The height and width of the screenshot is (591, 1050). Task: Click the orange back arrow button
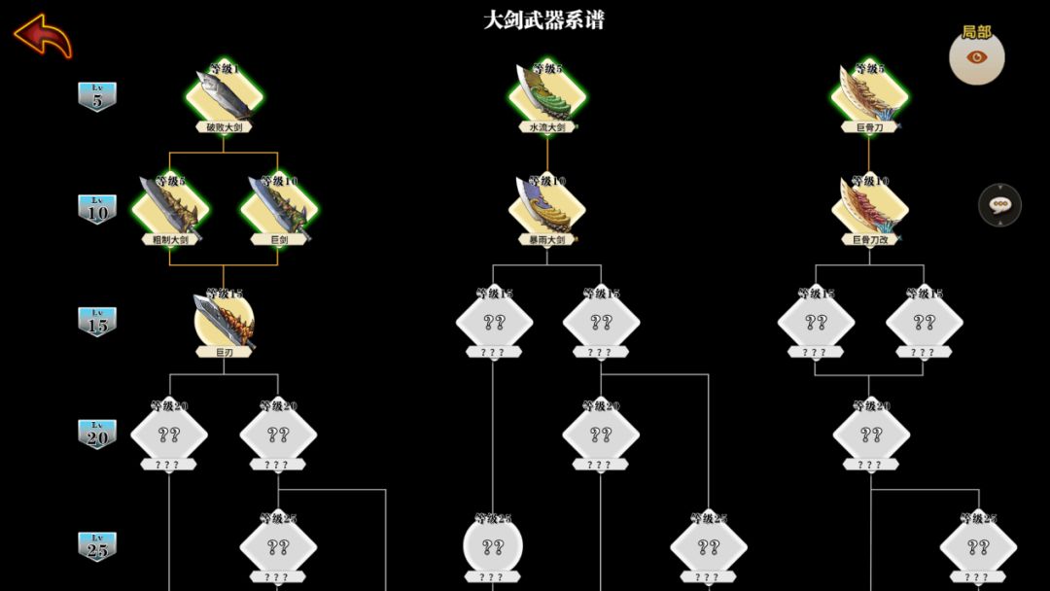click(x=43, y=35)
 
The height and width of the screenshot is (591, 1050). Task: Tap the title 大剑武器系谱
click(x=543, y=20)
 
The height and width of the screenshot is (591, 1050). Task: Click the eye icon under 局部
click(x=976, y=57)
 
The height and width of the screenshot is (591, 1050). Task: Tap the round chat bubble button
click(x=998, y=204)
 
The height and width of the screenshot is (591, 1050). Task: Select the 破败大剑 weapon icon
click(x=225, y=93)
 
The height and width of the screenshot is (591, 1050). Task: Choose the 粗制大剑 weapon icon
click(x=170, y=206)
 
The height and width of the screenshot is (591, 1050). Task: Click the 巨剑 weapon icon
click(x=279, y=206)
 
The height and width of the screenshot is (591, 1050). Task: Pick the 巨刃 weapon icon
click(x=225, y=318)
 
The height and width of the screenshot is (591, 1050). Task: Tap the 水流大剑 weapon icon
click(x=547, y=93)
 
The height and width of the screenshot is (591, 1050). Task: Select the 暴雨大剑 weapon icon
click(x=547, y=206)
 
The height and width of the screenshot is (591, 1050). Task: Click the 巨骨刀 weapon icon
click(x=869, y=93)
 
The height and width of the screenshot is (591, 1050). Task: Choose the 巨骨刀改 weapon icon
click(x=869, y=206)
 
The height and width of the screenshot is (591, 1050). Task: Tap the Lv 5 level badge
click(x=97, y=96)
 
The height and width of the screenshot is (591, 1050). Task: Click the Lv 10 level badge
click(x=97, y=209)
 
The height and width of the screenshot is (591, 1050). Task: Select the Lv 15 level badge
click(x=97, y=322)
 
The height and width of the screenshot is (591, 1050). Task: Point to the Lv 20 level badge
click(x=97, y=434)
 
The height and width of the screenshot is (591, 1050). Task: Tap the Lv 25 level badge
click(x=97, y=546)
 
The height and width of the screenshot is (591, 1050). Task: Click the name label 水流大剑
click(x=546, y=127)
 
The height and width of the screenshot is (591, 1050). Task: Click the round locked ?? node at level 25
click(x=493, y=545)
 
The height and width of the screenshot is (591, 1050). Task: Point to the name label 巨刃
click(x=225, y=353)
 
